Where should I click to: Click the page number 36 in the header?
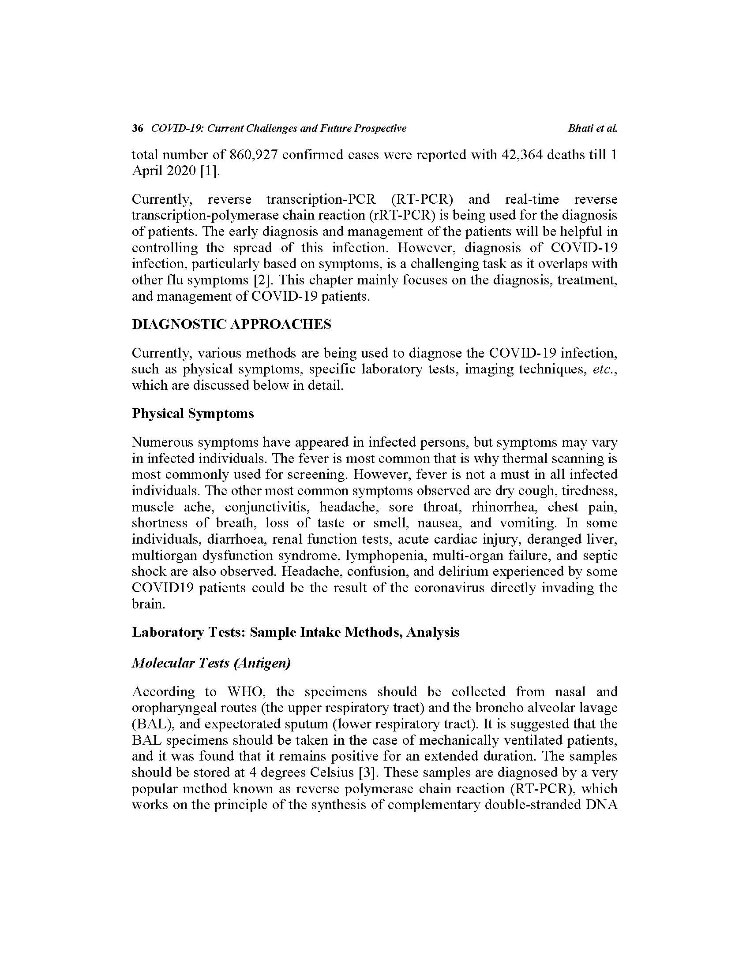click(x=137, y=129)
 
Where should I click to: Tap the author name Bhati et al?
click(x=592, y=129)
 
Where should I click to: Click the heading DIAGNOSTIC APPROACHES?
click(x=232, y=325)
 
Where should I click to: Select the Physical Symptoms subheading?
click(x=193, y=414)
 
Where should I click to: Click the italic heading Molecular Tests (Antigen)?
click(x=211, y=663)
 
